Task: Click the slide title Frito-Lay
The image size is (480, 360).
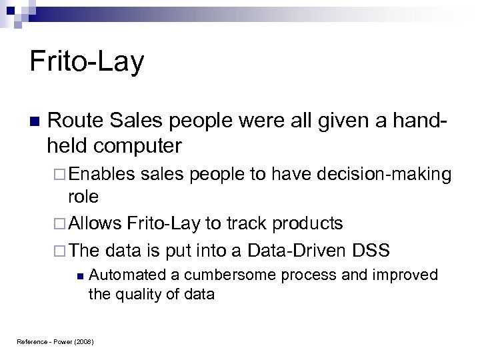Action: click(87, 62)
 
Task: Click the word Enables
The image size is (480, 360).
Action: click(101, 175)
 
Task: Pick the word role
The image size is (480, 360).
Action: click(83, 197)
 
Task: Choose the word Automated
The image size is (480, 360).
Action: click(123, 275)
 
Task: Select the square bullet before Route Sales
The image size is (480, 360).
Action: click(35, 122)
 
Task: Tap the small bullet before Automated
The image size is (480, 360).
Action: click(79, 275)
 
